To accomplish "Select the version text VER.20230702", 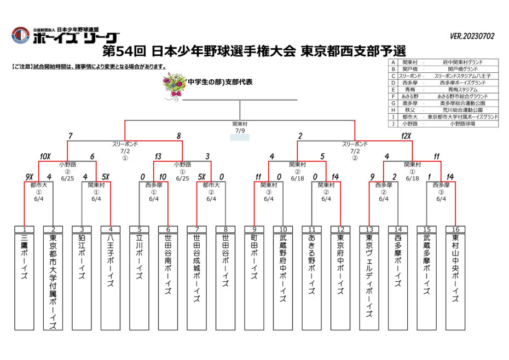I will (x=472, y=37).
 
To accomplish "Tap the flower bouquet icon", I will (x=175, y=85).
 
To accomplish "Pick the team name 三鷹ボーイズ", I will (x=24, y=258).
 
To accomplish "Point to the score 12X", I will (x=406, y=136).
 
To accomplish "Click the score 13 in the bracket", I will (x=158, y=156).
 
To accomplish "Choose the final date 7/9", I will (x=240, y=131).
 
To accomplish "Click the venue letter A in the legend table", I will (x=393, y=63).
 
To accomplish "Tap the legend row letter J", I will (x=393, y=124).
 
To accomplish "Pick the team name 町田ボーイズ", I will (x=254, y=258).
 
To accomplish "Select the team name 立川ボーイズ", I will (x=139, y=258).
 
